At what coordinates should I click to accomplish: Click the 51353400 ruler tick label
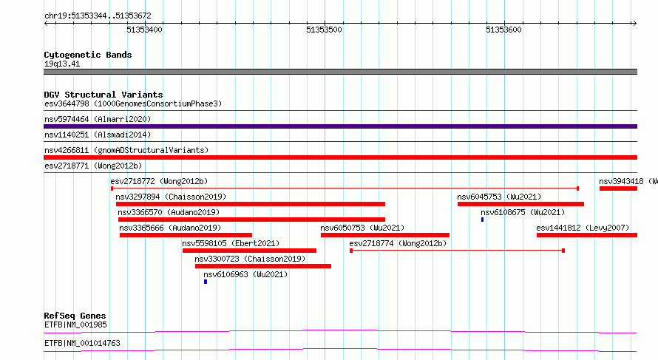[144, 30]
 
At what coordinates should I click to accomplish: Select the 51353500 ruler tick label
[324, 30]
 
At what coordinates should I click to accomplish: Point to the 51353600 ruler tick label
[503, 30]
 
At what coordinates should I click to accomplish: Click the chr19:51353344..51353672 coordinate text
[98, 16]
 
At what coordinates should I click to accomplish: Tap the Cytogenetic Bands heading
[88, 55]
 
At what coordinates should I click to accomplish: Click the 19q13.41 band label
[62, 64]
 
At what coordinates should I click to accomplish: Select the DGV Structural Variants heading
[104, 95]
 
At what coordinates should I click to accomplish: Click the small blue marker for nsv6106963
[206, 282]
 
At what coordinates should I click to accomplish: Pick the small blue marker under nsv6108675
[483, 220]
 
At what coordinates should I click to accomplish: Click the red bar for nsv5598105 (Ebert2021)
[249, 251]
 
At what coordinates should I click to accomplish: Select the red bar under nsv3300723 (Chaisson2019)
[263, 266]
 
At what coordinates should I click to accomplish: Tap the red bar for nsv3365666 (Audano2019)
[186, 235]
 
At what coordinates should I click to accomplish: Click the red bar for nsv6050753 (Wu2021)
[385, 235]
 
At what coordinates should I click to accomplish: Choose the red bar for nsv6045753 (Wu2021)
[520, 204]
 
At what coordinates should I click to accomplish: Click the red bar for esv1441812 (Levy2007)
[587, 235]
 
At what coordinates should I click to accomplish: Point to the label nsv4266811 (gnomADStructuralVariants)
[126, 150]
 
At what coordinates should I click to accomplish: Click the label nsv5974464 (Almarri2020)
[98, 119]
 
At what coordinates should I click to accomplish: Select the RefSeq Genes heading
[75, 316]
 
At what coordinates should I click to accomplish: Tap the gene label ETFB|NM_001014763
[82, 343]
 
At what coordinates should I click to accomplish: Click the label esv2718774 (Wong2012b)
[398, 243]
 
